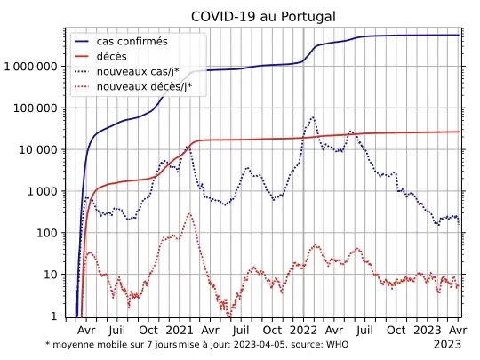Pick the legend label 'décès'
tap(124, 57)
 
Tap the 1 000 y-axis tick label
tap(42, 191)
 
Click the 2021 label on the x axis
tap(180, 329)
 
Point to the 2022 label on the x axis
tap(304, 329)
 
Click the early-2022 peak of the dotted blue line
tap(312, 117)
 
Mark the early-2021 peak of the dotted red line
tap(189, 213)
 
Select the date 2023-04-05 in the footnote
tap(261, 343)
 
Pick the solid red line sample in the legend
tap(87, 57)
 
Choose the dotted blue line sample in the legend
tap(87, 72)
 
